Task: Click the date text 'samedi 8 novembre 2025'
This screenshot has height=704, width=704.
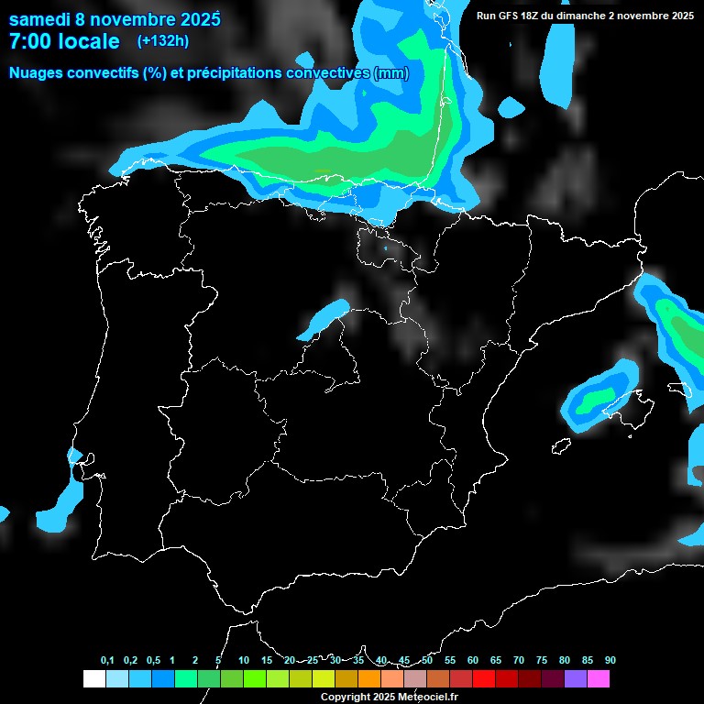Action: click(x=115, y=18)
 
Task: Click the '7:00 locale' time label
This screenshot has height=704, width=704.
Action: click(x=64, y=41)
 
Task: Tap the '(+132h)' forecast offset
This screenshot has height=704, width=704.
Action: click(x=163, y=41)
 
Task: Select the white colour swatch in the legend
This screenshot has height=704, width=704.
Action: click(x=93, y=679)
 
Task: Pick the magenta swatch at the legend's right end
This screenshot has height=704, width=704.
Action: click(x=599, y=679)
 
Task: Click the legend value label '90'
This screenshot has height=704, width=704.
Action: click(x=610, y=661)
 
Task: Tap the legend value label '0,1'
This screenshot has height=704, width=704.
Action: click(x=107, y=661)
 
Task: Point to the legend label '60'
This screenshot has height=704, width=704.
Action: click(x=472, y=661)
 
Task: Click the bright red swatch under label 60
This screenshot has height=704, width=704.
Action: click(x=484, y=679)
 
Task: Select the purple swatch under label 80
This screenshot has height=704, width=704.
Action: click(x=576, y=679)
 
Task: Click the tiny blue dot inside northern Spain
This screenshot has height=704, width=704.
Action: click(x=386, y=248)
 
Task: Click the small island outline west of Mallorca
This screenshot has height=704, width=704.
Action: click(x=560, y=446)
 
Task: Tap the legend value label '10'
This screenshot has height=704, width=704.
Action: click(x=243, y=661)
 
